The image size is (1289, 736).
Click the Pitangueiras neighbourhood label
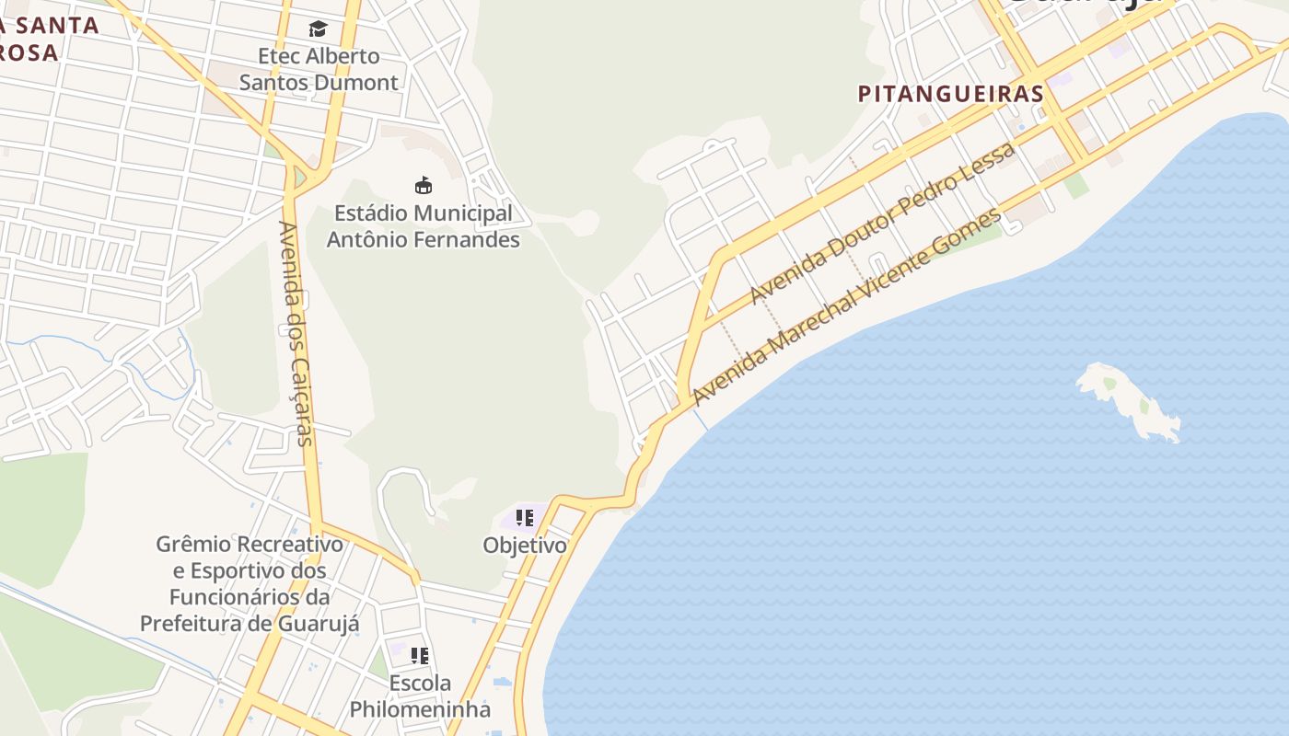coord(951,94)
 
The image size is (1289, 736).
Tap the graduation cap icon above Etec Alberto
coord(318,29)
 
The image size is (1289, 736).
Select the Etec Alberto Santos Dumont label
coord(319,69)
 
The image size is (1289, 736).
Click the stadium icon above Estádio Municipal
coord(423,186)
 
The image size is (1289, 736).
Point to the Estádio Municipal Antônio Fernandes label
coord(423,226)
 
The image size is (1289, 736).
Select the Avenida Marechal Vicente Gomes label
coord(846,308)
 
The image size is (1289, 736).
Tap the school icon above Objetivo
coord(525,518)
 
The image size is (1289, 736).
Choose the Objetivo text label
coord(525,546)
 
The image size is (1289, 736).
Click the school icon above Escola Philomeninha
coord(420,656)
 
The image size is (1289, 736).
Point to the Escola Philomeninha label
coord(420,696)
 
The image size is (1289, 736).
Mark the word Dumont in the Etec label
coord(356,83)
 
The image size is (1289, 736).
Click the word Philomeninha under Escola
coord(420,710)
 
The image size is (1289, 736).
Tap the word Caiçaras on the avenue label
coord(302,398)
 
